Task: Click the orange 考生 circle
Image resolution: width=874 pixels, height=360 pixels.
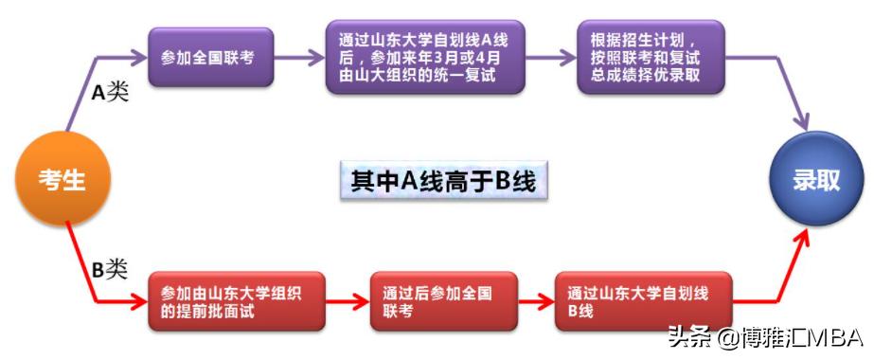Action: pos(62,178)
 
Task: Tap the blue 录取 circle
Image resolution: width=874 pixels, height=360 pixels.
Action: pos(816,178)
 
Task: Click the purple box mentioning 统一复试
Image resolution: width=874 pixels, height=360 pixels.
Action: pos(424,57)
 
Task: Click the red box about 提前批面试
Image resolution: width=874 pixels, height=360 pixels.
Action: pos(237,301)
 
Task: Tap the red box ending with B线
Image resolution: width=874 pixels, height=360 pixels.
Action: pos(644,301)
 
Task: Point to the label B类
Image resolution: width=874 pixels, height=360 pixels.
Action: pos(109,269)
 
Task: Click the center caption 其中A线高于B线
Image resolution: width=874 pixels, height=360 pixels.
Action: pos(443,180)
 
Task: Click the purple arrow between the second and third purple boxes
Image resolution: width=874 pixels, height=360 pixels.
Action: pos(550,57)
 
